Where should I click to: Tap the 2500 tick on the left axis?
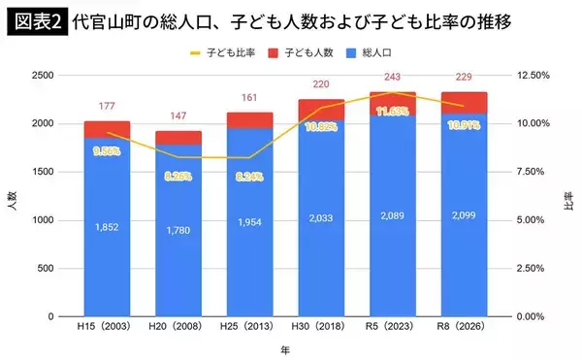point(43,76)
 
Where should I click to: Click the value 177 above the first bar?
point(108,107)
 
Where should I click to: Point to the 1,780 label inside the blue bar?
point(180,231)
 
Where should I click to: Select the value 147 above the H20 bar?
point(180,115)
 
